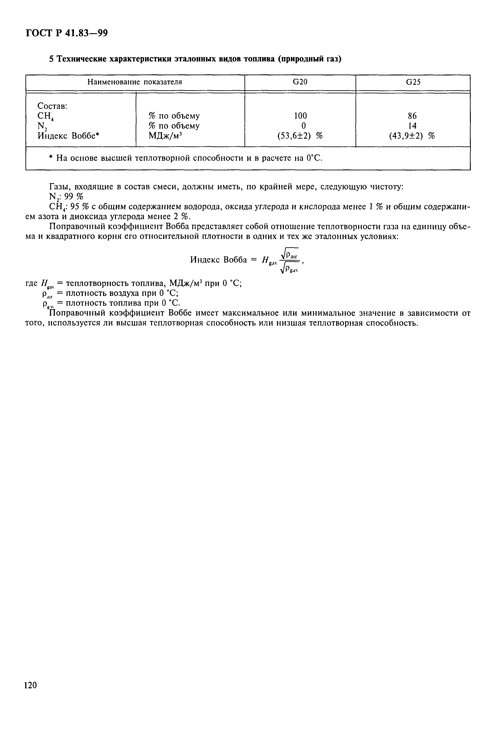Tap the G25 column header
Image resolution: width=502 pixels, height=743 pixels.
click(413, 82)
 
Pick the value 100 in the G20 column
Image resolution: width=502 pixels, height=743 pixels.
click(300, 116)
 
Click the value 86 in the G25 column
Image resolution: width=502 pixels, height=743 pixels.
click(412, 116)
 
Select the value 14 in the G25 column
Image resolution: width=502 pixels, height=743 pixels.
click(412, 126)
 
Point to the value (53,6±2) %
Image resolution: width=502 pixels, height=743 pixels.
click(300, 136)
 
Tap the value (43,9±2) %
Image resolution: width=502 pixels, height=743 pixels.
click(412, 136)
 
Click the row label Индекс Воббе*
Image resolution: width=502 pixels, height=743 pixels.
click(68, 136)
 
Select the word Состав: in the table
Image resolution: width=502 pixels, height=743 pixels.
click(52, 106)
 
